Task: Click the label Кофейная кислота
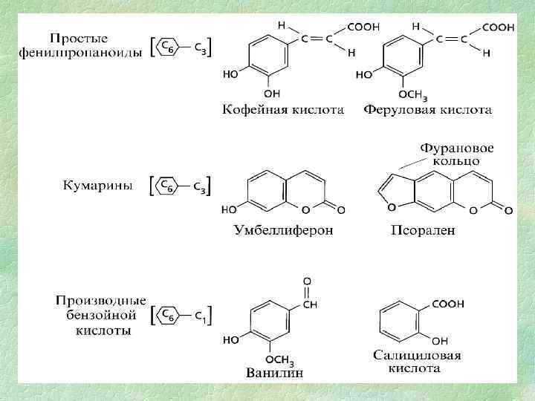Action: [283, 110]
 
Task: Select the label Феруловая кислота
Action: [427, 110]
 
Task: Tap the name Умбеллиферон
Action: [283, 230]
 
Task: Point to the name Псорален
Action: [423, 230]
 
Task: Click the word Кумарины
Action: [97, 186]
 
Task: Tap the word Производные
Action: [100, 301]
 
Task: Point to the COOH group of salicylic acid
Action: [450, 304]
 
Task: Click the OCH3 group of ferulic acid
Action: [412, 94]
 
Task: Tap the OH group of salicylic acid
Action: [440, 341]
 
